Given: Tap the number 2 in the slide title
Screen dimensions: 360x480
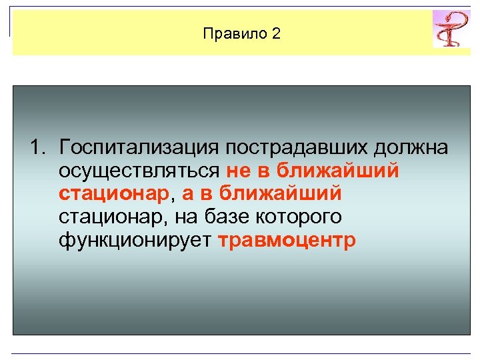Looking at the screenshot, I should [276, 34].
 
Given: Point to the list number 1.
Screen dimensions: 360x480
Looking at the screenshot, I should [37, 147].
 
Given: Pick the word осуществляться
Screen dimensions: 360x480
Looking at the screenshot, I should [139, 171].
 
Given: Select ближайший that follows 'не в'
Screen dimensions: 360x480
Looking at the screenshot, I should [339, 171].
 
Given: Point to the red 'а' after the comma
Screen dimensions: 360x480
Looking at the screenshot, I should [189, 194].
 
